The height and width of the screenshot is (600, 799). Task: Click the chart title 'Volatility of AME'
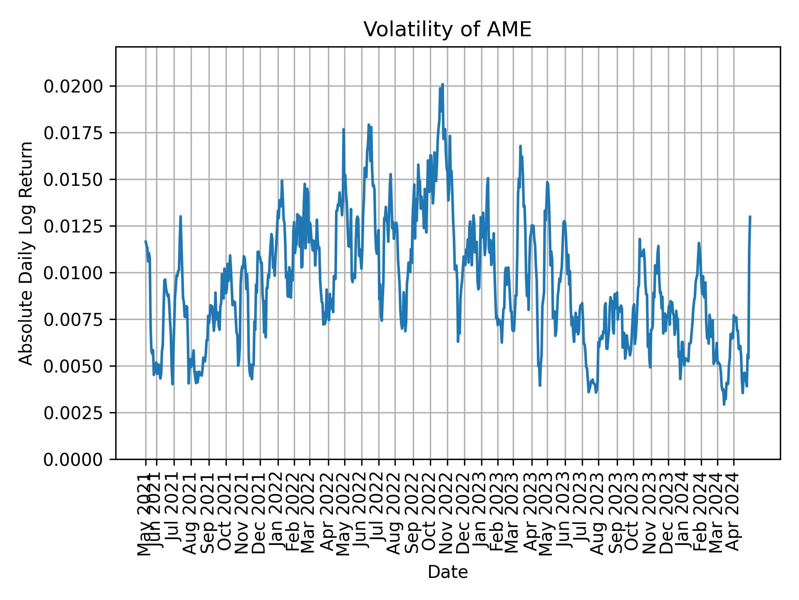coord(447,30)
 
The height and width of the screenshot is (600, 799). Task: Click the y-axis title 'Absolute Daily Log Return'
coord(27,253)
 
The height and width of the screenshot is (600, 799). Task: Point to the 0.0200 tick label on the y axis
coord(73,86)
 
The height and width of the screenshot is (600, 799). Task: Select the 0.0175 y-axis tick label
coord(73,133)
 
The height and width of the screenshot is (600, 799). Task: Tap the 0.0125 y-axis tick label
coord(73,226)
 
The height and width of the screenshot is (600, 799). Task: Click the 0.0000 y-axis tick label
coord(73,459)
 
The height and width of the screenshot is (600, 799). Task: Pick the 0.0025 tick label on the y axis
coord(73,412)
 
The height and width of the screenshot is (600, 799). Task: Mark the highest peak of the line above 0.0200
coord(443,85)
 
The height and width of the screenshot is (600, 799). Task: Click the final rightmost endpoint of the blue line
coord(750,217)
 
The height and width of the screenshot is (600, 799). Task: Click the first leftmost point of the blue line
coord(146,241)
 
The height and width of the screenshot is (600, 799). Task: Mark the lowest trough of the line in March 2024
coord(724,404)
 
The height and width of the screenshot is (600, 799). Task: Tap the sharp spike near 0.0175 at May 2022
coord(343,130)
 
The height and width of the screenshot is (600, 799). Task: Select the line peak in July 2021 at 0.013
coord(180,216)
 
